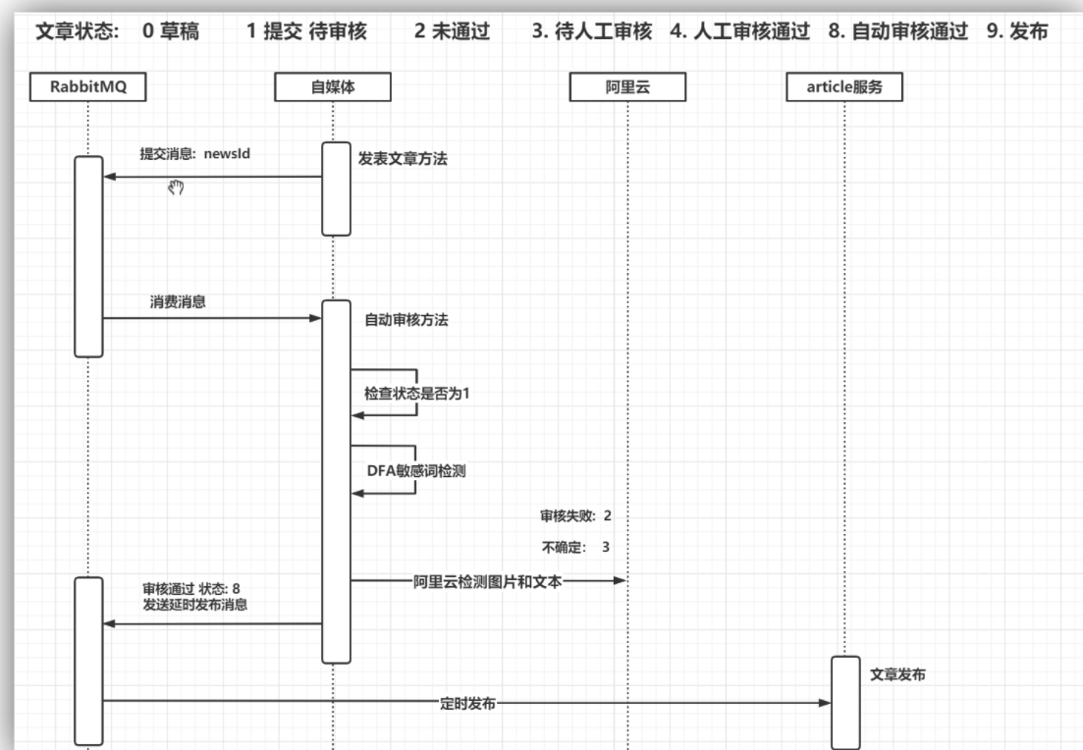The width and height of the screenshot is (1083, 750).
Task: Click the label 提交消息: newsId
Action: [x=190, y=154]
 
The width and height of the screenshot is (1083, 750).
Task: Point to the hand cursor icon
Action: [x=177, y=187]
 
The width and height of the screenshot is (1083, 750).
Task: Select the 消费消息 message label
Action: [x=178, y=302]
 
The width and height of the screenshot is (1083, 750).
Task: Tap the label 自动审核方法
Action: [x=407, y=319]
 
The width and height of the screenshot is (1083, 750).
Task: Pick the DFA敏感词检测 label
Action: [x=410, y=470]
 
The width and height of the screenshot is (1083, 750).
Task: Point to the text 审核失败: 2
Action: [x=576, y=514]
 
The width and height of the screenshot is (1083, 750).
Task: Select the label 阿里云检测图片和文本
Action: [x=487, y=580]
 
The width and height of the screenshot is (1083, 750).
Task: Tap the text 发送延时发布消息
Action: [x=194, y=605]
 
